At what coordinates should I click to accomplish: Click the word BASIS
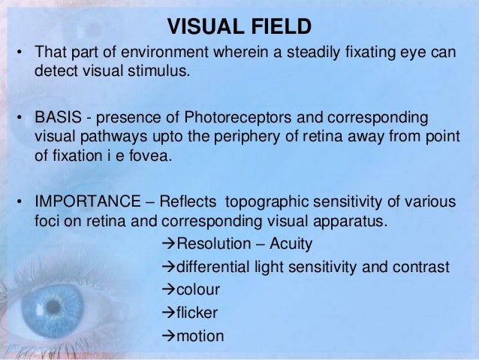coord(56,119)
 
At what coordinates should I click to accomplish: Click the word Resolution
coord(208,245)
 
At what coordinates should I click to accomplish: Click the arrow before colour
coord(168,290)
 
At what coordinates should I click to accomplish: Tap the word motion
coord(199,335)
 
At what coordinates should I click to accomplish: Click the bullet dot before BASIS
coord(23,119)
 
